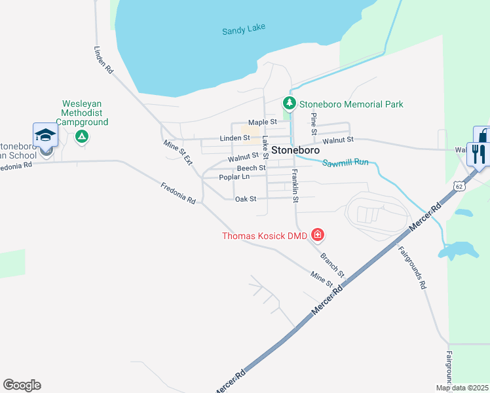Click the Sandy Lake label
tap(244, 30)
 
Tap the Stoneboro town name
tap(295, 150)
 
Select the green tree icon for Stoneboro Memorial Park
tap(289, 103)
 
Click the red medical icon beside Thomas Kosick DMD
tap(318, 234)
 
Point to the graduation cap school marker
tap(46, 135)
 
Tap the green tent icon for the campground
tap(81, 136)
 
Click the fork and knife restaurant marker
tap(478, 155)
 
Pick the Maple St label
tap(262, 122)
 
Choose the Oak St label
tap(246, 199)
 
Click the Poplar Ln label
tap(234, 177)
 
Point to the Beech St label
tap(251, 168)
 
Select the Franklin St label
tap(295, 185)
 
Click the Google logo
tap(22, 385)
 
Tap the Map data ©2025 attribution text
tap(461, 388)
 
